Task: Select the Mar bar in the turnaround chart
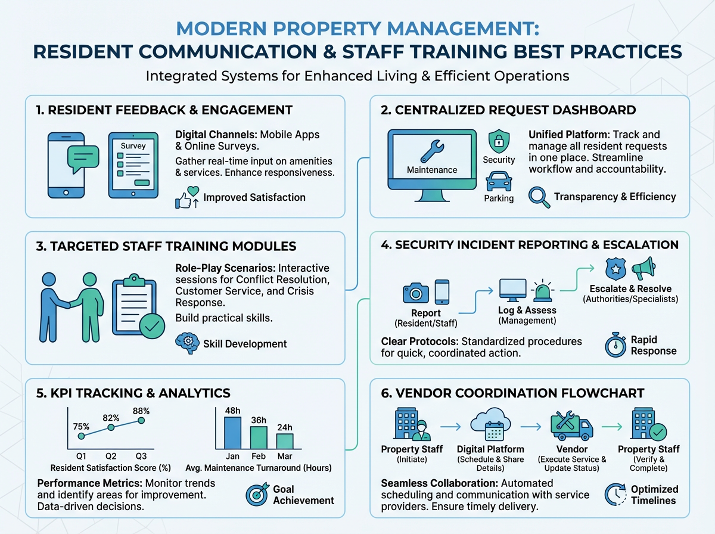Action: click(x=285, y=441)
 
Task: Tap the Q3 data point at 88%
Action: click(x=141, y=420)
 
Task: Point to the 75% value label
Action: click(x=81, y=426)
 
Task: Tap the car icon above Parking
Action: click(x=498, y=181)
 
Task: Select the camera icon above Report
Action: click(x=416, y=291)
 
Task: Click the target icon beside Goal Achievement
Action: click(x=257, y=494)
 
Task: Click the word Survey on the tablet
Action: click(x=133, y=145)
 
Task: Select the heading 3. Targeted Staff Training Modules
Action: click(x=167, y=246)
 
